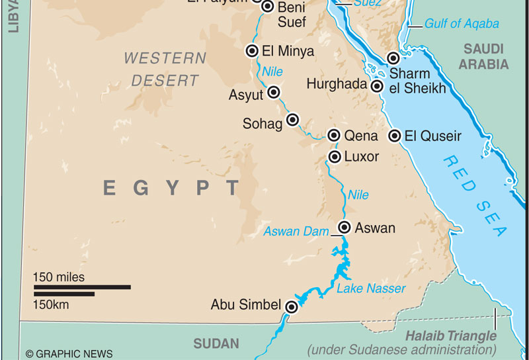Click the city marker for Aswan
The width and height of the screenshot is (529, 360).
click(344, 228)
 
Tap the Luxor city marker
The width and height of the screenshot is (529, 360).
click(334, 157)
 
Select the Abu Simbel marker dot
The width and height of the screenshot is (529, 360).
click(292, 306)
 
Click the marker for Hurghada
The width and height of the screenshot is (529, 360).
click(377, 86)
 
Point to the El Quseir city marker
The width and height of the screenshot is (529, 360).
click(394, 136)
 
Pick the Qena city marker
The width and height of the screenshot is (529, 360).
click(334, 136)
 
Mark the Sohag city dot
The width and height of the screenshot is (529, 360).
click(292, 120)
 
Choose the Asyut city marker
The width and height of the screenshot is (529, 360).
click(273, 92)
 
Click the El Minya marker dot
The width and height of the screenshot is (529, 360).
click(252, 51)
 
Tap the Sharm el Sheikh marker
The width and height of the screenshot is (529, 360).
click(393, 58)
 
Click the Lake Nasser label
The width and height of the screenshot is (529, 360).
click(371, 289)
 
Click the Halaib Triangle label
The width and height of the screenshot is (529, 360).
click(450, 336)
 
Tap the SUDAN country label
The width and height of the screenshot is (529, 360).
click(216, 343)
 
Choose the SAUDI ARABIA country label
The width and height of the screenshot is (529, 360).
click(484, 56)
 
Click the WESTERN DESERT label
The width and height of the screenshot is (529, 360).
click(165, 69)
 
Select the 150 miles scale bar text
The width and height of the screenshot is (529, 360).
click(60, 277)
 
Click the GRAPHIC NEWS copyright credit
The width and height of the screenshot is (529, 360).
click(69, 354)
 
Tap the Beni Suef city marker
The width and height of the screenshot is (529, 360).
click(268, 7)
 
